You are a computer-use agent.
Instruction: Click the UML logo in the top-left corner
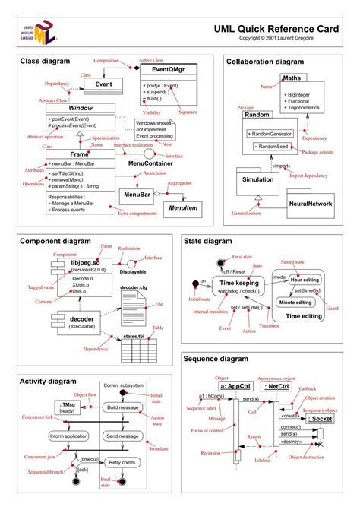click(x=38, y=31)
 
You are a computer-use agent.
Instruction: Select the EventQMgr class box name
click(x=160, y=69)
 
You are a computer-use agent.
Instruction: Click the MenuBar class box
click(x=137, y=195)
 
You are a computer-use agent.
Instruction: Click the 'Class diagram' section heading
click(x=45, y=60)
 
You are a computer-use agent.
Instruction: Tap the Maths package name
click(x=292, y=78)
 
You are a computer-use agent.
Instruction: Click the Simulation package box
click(x=258, y=179)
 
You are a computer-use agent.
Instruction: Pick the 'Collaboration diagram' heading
click(x=264, y=61)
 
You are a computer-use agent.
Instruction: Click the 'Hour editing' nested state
click(x=303, y=280)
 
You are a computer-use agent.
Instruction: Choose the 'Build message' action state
click(x=122, y=408)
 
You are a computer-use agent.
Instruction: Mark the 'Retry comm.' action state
click(x=122, y=462)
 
